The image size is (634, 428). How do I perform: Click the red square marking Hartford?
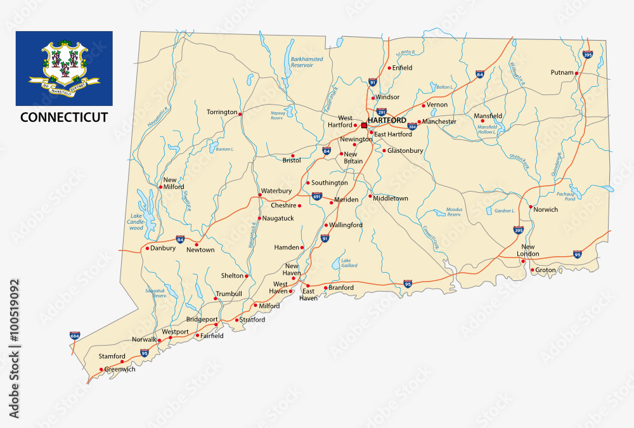click(x=363, y=126)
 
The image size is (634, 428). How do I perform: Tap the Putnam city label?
click(x=562, y=73)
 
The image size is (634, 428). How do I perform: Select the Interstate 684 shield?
click(x=75, y=334)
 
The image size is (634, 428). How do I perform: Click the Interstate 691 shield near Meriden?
click(x=317, y=197)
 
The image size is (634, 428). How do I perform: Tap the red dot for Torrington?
click(x=240, y=114)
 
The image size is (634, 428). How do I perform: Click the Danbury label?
click(x=163, y=248)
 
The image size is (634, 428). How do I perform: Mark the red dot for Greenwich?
click(x=101, y=369)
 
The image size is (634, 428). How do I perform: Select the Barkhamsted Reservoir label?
click(x=307, y=62)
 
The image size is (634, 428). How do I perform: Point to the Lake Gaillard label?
click(x=350, y=263)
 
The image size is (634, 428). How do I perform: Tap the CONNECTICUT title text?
click(x=64, y=117)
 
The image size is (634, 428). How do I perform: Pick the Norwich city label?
click(x=545, y=209)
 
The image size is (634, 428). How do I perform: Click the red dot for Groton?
click(x=531, y=270)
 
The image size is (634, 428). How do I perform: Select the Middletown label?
click(x=391, y=198)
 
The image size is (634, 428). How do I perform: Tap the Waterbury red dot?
click(x=260, y=195)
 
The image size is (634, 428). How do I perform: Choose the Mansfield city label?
click(x=488, y=116)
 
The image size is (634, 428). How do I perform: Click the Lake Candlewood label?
click(x=136, y=222)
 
